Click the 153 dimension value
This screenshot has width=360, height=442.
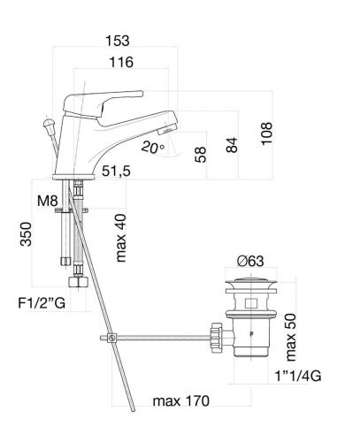coord(118,41)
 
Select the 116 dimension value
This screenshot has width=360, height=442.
coord(121,62)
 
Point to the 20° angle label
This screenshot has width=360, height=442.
coord(152,148)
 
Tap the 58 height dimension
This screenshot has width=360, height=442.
coord(201,155)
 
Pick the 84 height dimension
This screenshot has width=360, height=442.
coord(232,145)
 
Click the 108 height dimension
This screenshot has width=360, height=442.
coord(267,133)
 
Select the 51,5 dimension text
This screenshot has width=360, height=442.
coord(116,171)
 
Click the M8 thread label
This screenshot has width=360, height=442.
coord(47,201)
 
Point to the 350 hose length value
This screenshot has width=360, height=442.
coord(26,234)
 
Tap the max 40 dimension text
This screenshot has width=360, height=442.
coord(121,238)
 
